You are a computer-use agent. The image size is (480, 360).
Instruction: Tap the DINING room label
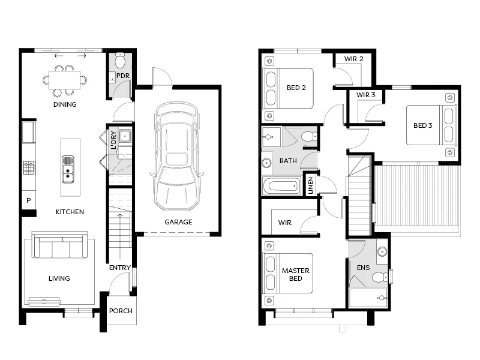(65, 104)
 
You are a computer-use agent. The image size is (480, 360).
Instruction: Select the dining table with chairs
(64, 80)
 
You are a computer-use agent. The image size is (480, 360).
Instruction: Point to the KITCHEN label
(70, 212)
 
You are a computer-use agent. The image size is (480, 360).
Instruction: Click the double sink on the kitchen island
(68, 169)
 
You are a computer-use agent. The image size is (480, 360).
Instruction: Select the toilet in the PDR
(120, 61)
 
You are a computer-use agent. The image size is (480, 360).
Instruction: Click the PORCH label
(121, 311)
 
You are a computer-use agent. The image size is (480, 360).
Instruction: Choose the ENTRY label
(119, 268)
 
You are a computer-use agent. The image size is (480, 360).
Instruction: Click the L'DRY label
(113, 140)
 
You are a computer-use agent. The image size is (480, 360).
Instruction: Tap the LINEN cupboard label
(310, 185)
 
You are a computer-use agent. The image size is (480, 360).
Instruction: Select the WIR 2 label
(353, 59)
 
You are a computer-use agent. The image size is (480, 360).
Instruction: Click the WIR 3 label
(365, 95)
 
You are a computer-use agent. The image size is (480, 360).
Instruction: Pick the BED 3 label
(422, 125)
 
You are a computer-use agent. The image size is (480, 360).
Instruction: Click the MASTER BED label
(296, 275)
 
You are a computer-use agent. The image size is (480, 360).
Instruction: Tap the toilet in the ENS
(379, 277)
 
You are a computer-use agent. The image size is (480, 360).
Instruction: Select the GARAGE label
(179, 222)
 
